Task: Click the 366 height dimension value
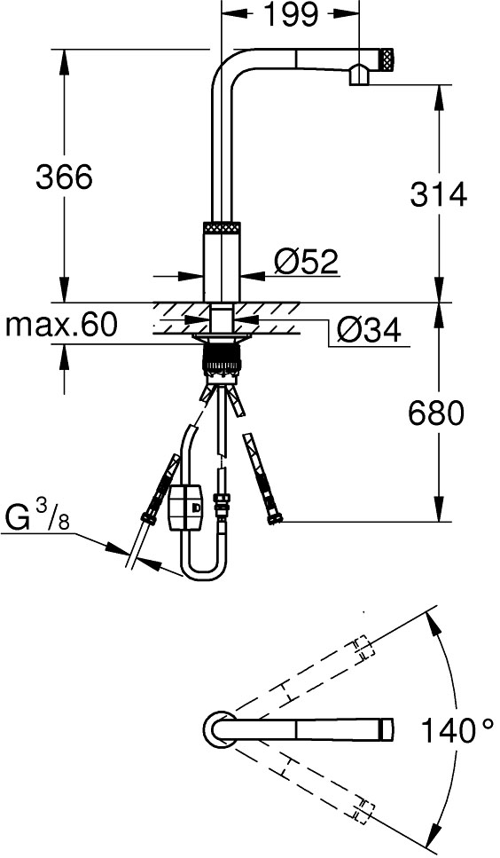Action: pyautogui.click(x=64, y=177)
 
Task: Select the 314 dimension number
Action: pyautogui.click(x=439, y=194)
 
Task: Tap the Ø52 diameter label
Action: pyautogui.click(x=306, y=262)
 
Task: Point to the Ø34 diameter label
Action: pyautogui.click(x=368, y=330)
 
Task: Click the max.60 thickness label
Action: pyautogui.click(x=61, y=326)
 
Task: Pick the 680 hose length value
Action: pyautogui.click(x=436, y=413)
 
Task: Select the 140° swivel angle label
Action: pyautogui.click(x=457, y=731)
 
